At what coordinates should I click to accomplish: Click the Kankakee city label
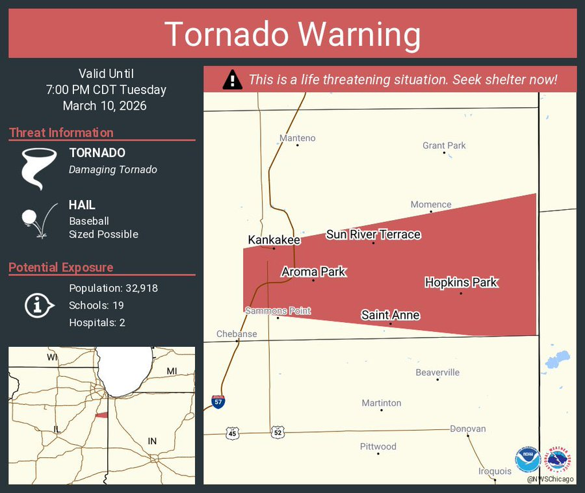(274, 240)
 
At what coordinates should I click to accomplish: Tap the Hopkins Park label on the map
(461, 283)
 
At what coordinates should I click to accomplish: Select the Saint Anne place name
(390, 315)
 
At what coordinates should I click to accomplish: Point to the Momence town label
(430, 205)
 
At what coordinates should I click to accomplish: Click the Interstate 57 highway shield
(218, 402)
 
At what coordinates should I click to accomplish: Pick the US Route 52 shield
(278, 432)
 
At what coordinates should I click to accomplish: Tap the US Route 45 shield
(233, 433)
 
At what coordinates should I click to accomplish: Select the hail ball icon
(30, 217)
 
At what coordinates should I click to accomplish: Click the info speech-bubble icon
(38, 305)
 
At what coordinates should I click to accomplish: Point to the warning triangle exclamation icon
(232, 80)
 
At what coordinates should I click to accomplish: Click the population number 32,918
(136, 288)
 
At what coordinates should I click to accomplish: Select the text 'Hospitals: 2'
(97, 322)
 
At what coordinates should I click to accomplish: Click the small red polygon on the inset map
(101, 415)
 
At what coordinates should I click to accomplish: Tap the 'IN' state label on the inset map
(152, 441)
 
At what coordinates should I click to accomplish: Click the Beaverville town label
(437, 372)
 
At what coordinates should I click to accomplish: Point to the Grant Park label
(444, 145)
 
